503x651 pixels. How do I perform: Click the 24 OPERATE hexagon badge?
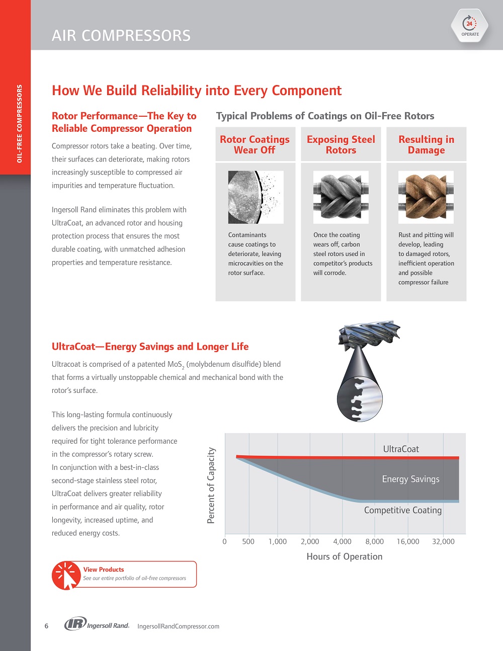pos(470,26)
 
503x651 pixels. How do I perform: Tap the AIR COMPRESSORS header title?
pos(121,36)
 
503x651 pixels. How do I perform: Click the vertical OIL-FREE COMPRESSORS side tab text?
pos(20,124)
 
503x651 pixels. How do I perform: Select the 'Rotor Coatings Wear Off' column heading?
pos(255,144)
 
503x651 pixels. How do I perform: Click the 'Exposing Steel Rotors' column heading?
pos(341,144)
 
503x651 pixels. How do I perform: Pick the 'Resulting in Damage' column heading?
pos(426,144)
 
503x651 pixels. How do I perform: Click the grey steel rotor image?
pos(341,197)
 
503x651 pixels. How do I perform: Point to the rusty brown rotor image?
pos(426,197)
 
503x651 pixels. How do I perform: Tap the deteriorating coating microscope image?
pos(256,197)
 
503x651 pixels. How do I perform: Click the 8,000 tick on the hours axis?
pos(375,541)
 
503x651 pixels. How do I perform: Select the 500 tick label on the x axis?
pos(248,541)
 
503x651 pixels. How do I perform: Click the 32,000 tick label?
pos(443,541)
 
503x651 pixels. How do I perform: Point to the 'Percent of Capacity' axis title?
pos(211,485)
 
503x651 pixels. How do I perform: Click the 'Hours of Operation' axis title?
pos(345,556)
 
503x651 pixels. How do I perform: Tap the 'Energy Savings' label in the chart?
pos(410,479)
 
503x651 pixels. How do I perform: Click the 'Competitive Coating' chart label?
pos(403,510)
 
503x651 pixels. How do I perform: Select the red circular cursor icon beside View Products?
pos(66,575)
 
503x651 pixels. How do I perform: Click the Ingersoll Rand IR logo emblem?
pos(75,624)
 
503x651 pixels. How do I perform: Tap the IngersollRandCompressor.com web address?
pos(179,626)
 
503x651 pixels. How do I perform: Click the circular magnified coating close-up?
pos(360,399)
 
